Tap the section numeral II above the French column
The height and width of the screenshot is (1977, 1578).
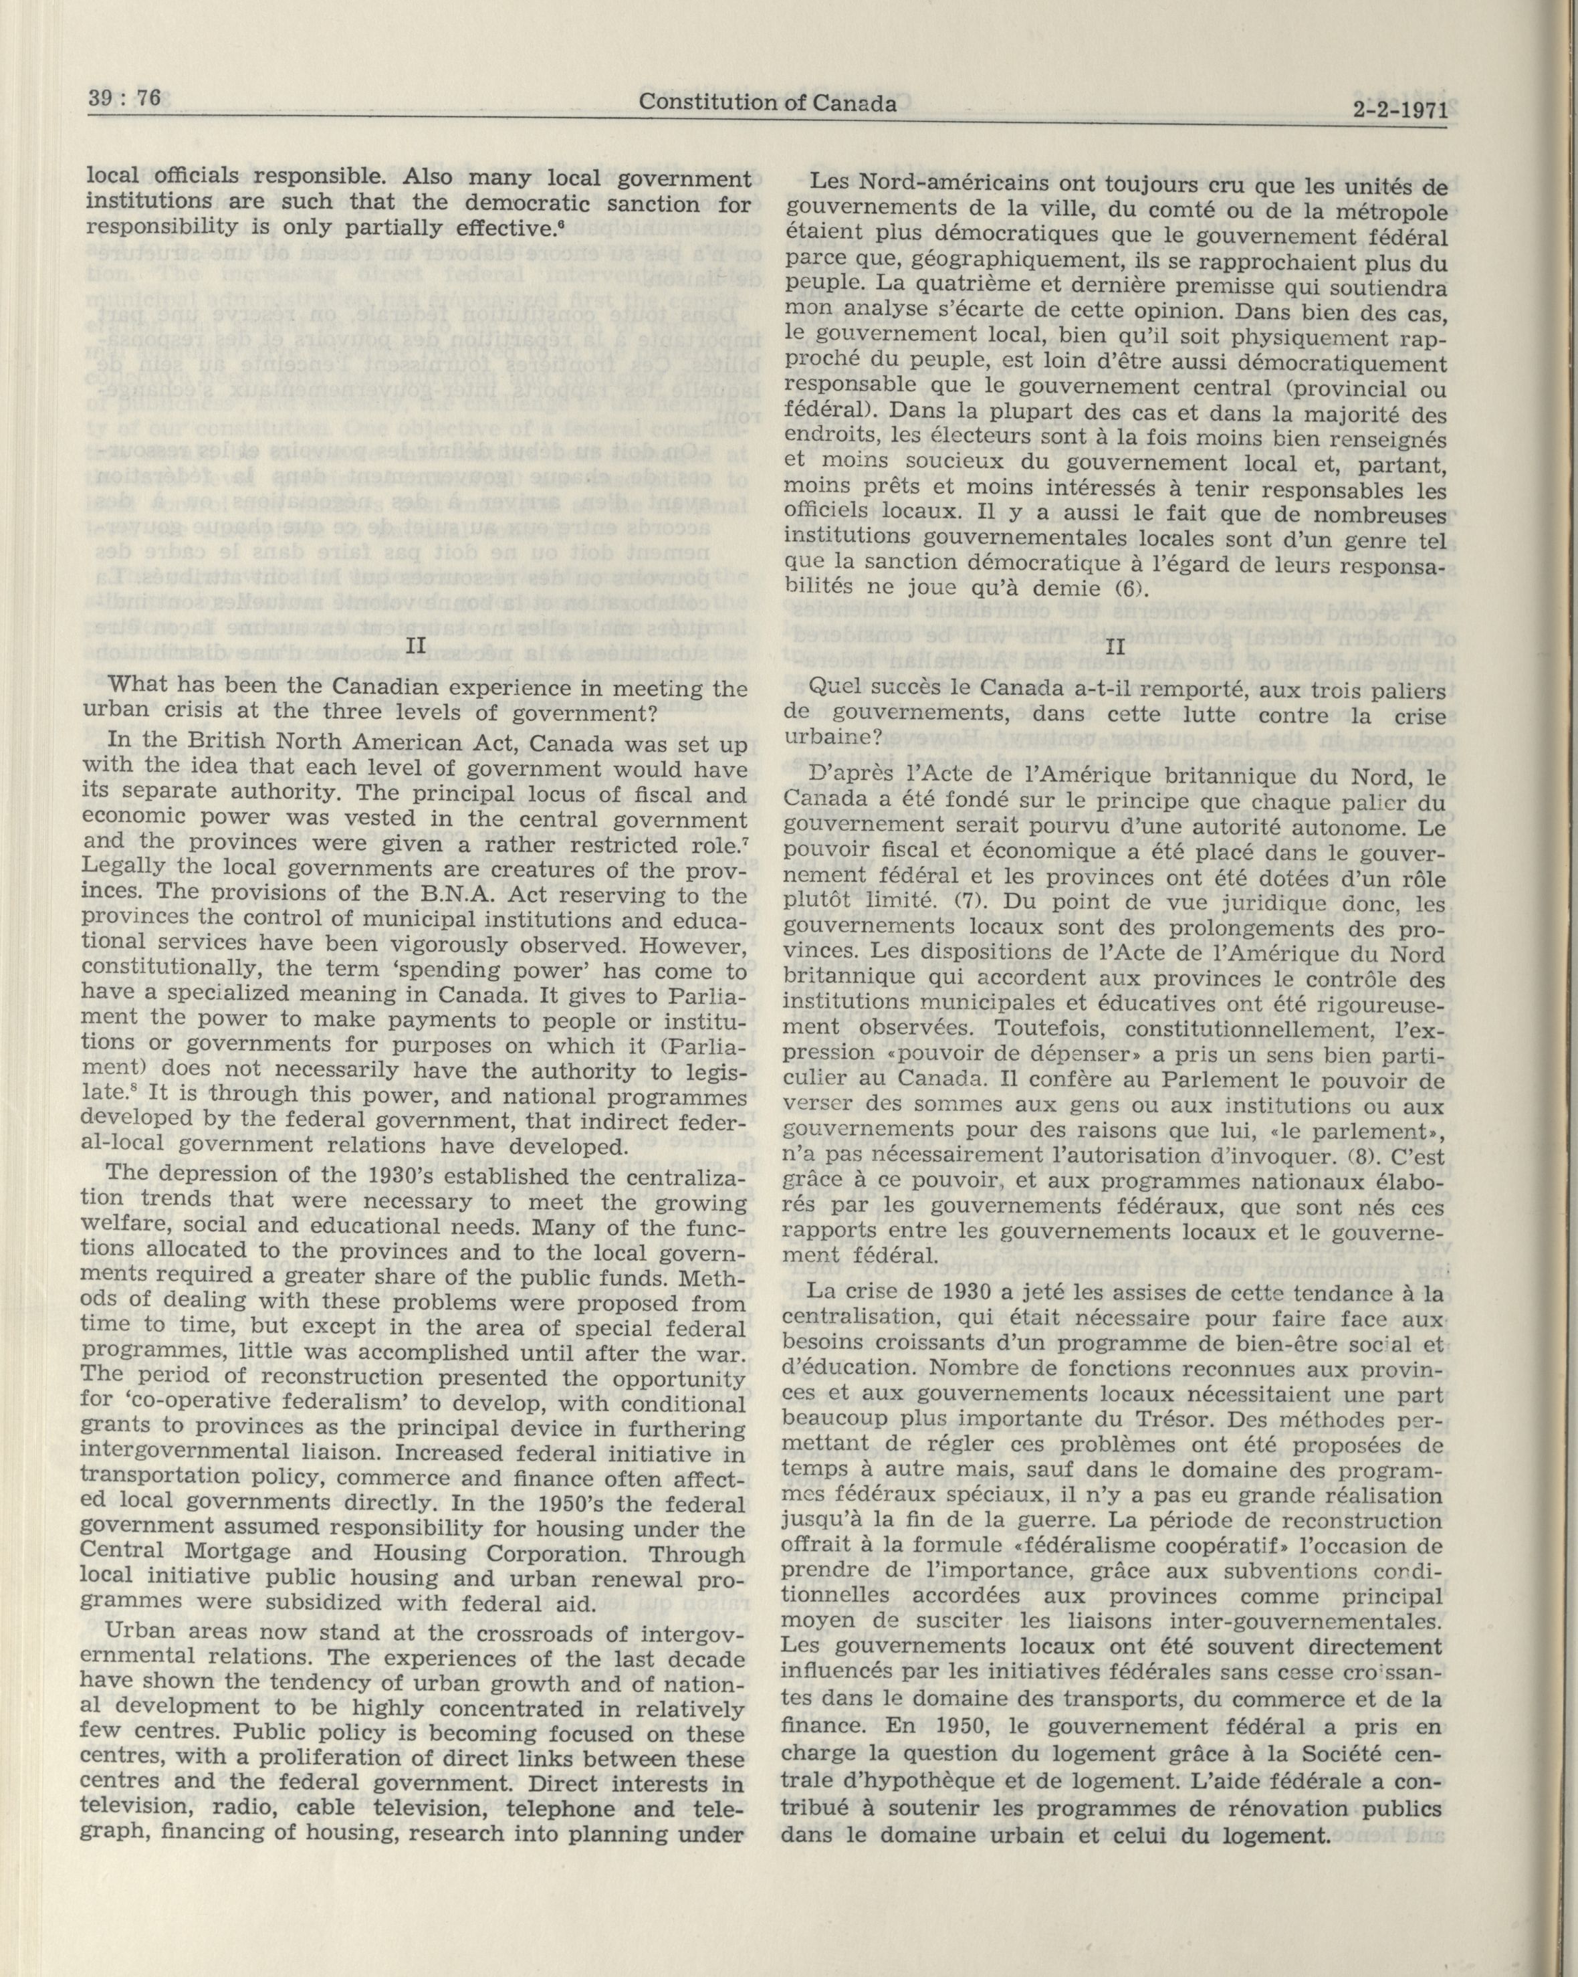[x=1114, y=645]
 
